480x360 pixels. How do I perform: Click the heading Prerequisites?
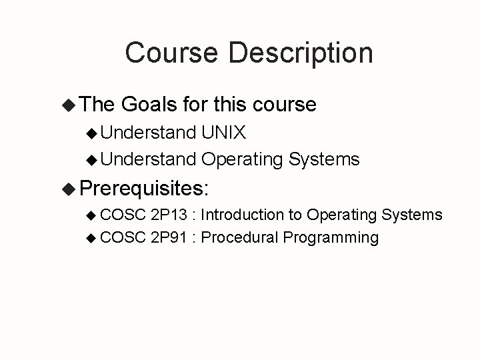pos(145,188)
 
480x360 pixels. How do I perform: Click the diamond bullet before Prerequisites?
pos(67,188)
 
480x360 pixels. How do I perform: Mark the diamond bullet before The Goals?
pos(67,105)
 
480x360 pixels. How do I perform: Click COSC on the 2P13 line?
pos(124,215)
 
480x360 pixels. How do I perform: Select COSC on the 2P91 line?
pos(124,237)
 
